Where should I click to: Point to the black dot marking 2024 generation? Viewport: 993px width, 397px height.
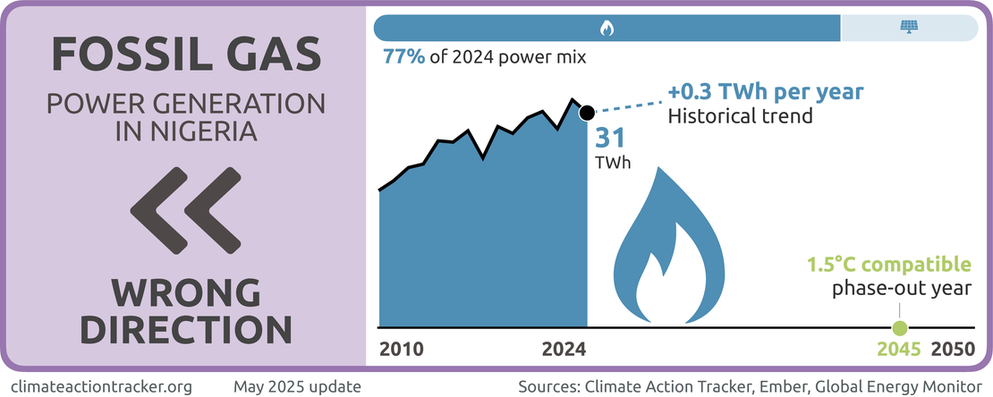587,113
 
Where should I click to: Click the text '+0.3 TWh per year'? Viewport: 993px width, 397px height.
766,93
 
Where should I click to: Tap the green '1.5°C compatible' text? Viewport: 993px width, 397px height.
888,265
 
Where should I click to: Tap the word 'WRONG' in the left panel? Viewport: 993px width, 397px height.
185,293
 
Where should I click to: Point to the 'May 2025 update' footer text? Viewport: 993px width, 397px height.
298,387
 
